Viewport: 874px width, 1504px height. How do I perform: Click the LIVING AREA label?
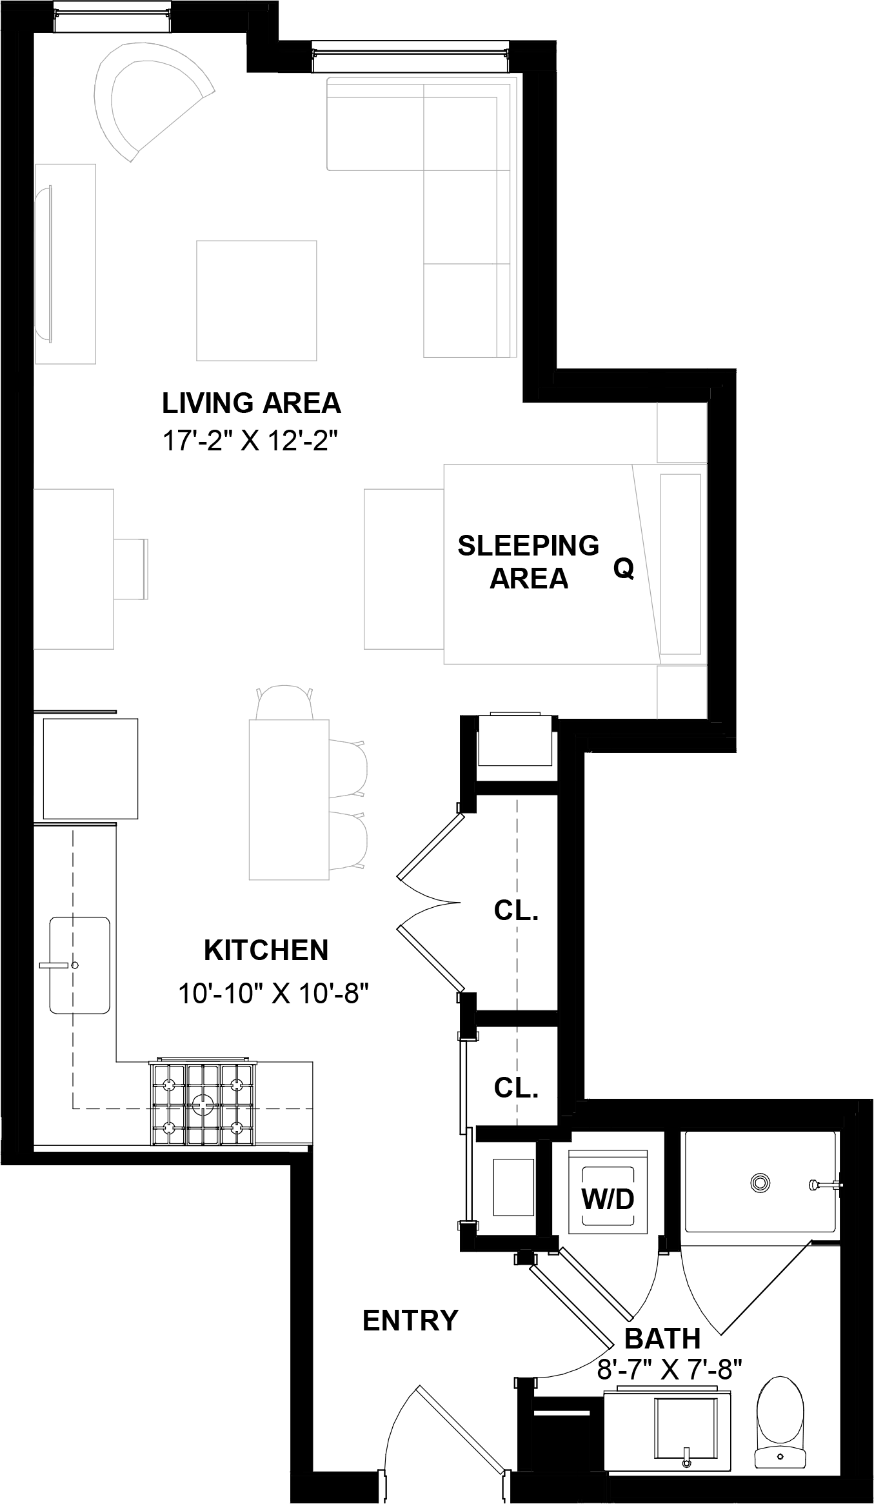[x=251, y=403]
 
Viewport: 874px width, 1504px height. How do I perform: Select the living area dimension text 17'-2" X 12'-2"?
[x=250, y=442]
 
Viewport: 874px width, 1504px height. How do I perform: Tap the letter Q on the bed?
[x=623, y=568]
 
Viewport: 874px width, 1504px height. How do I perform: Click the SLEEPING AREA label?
[x=528, y=562]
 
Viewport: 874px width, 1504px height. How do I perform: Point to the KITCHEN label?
[x=266, y=950]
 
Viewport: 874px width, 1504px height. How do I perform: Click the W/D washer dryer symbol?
[x=608, y=1199]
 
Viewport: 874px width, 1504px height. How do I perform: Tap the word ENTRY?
[x=410, y=1321]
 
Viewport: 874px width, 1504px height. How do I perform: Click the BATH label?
[x=662, y=1339]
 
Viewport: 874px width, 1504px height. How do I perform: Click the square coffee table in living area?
[x=256, y=301]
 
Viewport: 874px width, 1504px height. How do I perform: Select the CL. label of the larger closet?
[x=516, y=910]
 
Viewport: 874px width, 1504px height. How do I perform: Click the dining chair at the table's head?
[x=284, y=703]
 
